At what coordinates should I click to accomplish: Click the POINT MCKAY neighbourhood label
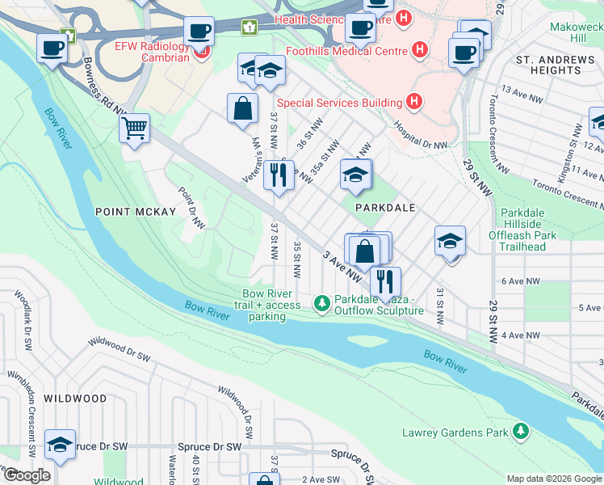point(136,212)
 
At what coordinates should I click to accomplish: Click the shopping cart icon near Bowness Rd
point(134,128)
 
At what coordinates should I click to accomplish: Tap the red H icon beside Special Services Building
point(414,102)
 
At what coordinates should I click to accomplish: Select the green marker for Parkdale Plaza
point(321,304)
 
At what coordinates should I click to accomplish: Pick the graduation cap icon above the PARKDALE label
point(356,174)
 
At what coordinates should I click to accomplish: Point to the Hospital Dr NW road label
point(420,136)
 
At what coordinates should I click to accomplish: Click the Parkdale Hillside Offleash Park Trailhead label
point(528,235)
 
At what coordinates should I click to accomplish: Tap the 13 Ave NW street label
point(521,92)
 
